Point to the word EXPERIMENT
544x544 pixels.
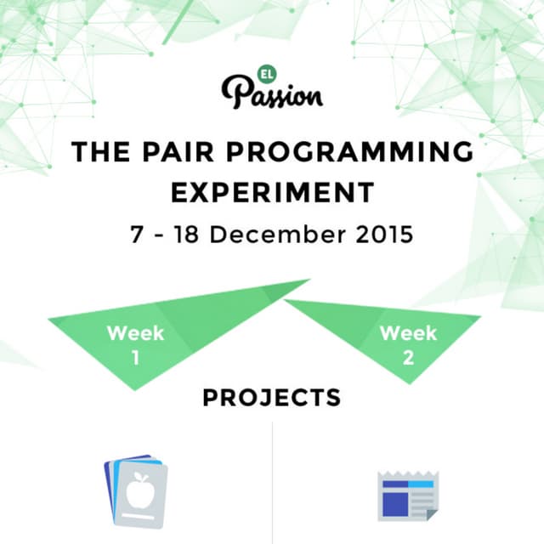[272, 192]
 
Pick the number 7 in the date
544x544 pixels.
[137, 234]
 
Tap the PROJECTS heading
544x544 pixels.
[272, 397]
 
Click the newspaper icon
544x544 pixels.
[408, 494]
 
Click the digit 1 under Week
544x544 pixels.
[136, 357]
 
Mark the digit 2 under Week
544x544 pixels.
[409, 357]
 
